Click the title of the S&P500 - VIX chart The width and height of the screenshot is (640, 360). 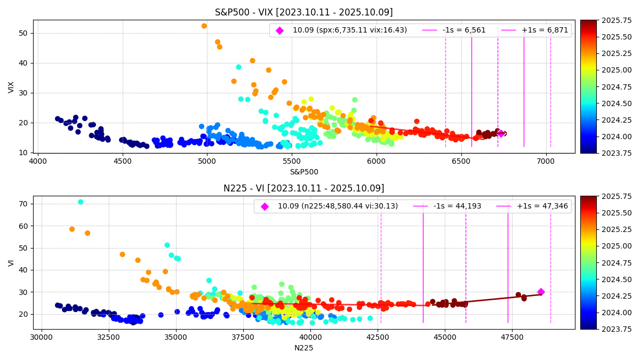tap(303, 12)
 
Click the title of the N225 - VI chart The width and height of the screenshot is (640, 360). tap(303, 188)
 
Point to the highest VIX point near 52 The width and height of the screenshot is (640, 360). tap(204, 26)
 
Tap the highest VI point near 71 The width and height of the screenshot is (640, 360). tap(81, 202)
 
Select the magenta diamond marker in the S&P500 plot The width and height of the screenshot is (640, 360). tap(500, 133)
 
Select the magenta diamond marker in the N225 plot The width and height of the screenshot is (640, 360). tap(541, 292)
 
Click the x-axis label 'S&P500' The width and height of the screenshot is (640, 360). tap(303, 172)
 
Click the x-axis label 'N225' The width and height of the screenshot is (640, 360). tap(303, 348)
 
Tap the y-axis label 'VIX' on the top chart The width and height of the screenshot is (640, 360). tap(11, 87)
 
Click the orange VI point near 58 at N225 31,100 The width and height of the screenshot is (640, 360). tap(72, 229)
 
